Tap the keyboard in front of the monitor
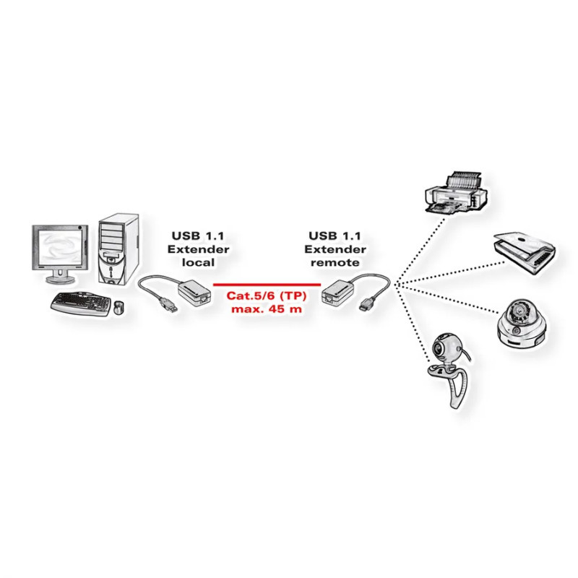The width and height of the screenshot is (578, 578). (79, 301)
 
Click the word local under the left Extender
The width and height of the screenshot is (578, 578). (197, 262)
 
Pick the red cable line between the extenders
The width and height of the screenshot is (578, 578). (267, 285)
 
